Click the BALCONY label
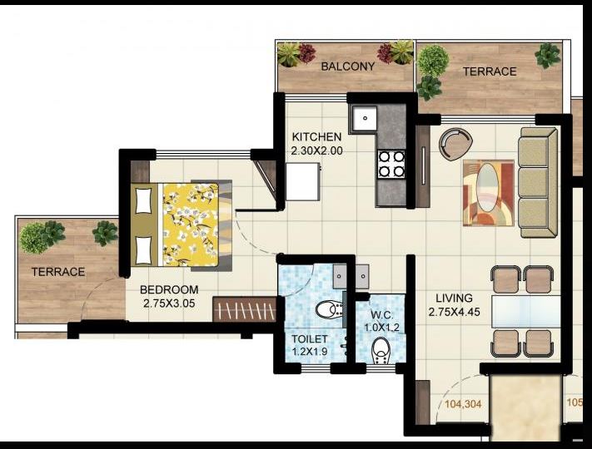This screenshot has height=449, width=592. (348, 66)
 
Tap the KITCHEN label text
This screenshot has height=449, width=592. (316, 137)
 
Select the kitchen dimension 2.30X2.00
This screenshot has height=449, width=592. (316, 151)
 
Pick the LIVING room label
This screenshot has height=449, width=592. (454, 298)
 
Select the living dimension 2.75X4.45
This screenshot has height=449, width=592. (455, 312)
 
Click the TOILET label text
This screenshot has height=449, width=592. (308, 339)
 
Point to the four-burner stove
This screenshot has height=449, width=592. (391, 164)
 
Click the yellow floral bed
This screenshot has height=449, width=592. (190, 224)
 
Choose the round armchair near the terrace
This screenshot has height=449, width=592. (455, 144)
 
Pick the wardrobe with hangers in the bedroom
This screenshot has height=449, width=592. (244, 309)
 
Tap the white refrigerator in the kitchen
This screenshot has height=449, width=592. (303, 181)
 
